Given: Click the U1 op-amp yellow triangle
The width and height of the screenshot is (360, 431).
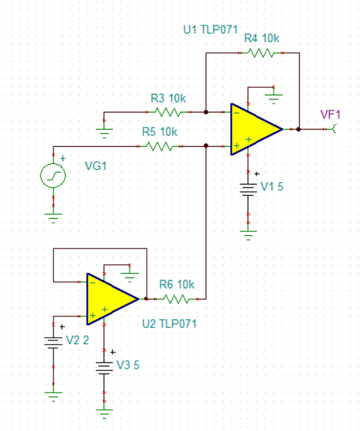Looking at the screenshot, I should [252, 128].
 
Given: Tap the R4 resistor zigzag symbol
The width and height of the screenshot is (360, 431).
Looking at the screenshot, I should [261, 52].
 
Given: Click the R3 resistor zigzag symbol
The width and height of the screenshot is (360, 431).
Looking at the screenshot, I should [168, 111].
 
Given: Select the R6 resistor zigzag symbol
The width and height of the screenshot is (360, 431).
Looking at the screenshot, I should [176, 299].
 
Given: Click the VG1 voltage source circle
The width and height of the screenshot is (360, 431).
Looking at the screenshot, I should [53, 176].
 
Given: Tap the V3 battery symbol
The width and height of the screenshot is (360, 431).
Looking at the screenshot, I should [104, 369].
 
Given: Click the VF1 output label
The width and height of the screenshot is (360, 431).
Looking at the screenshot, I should [329, 114].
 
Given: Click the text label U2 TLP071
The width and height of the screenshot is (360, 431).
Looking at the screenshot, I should [169, 323].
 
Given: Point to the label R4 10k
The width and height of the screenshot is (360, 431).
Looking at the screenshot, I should [261, 38].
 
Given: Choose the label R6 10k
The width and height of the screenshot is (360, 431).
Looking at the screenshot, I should [176, 284].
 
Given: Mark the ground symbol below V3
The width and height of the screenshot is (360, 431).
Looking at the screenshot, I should [104, 413].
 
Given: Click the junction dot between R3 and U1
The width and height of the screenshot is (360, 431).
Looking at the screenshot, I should [206, 111].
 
